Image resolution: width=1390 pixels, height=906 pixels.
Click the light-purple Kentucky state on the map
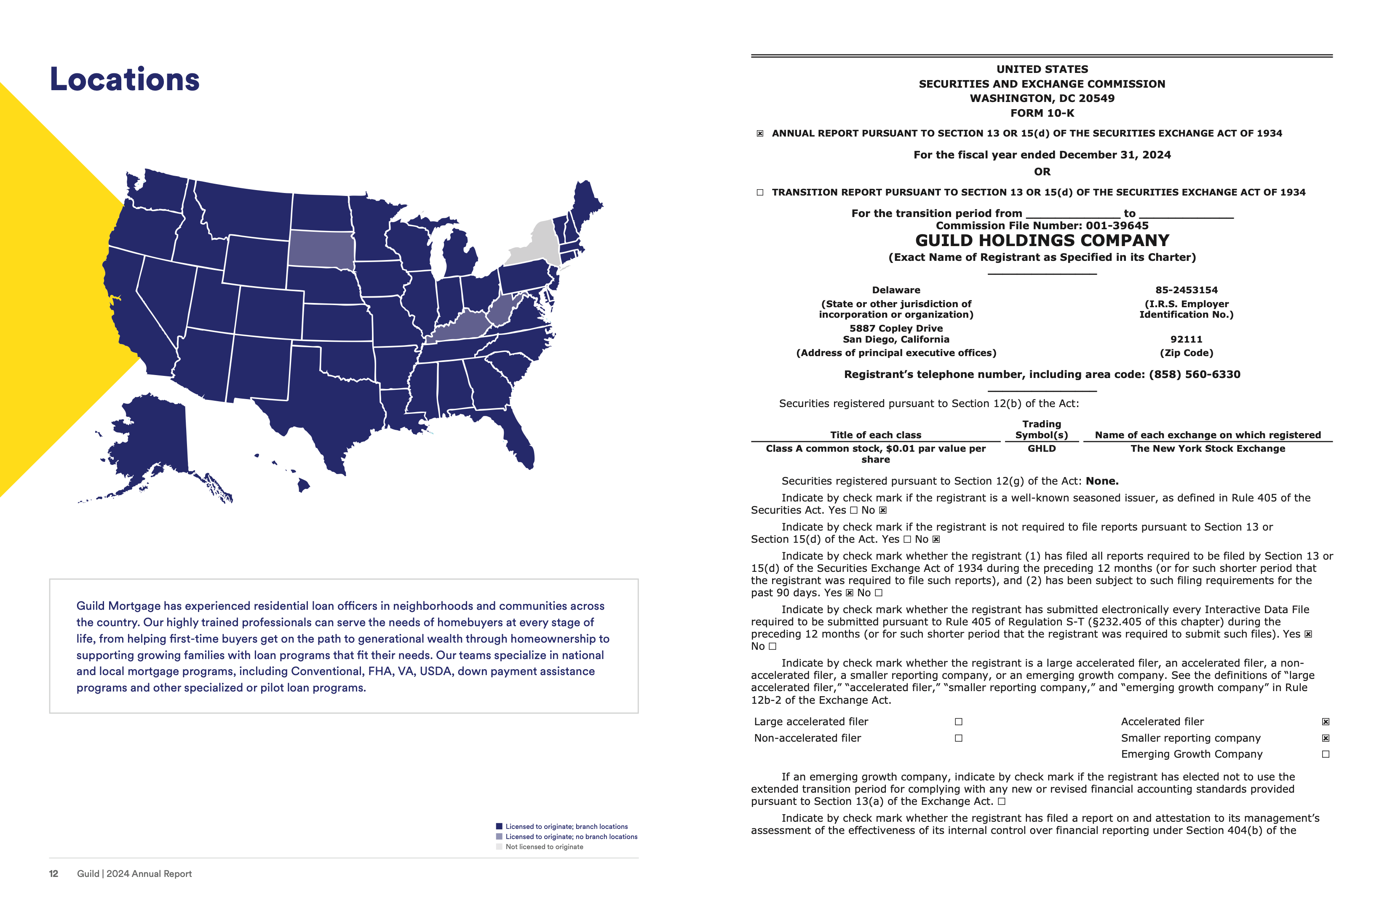[x=461, y=327]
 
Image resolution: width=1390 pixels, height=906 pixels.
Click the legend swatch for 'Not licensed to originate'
[x=499, y=847]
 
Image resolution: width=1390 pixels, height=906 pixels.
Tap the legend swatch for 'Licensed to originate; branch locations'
[x=499, y=826]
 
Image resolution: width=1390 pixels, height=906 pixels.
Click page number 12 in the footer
[x=54, y=873]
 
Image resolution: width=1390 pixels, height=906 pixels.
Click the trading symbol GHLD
[x=1041, y=448]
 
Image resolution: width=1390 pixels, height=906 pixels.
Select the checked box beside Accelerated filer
[x=1325, y=721]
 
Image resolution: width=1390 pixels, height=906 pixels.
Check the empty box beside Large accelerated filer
[x=958, y=721]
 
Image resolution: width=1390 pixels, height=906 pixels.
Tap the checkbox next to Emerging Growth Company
[x=1325, y=754]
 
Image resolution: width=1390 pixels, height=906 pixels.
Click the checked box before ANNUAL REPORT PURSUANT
[x=760, y=133]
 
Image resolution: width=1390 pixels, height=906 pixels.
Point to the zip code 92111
[x=1186, y=339]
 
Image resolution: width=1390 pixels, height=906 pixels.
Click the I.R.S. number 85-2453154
[x=1186, y=290]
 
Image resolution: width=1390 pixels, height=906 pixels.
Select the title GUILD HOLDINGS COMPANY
[x=1042, y=240]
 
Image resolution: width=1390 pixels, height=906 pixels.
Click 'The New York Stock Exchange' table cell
[x=1207, y=448]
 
